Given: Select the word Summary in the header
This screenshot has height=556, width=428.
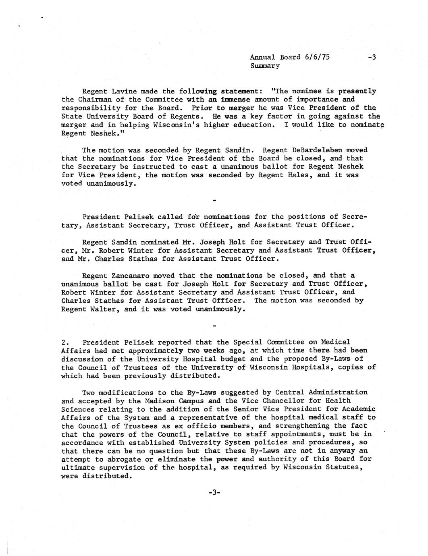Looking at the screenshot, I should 265,66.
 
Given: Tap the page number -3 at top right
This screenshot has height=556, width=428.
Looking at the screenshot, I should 372,57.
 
